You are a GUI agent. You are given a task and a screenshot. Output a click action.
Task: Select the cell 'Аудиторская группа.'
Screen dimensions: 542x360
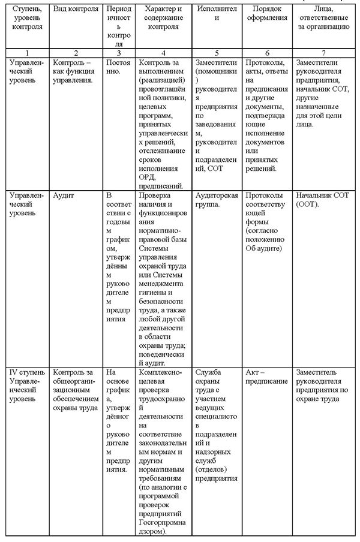[217, 200]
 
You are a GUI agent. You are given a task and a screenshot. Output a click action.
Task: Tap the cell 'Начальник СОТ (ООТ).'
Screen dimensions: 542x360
[322, 200]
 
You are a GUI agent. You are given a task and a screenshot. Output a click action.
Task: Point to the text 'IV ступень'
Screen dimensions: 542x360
[26, 372]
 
